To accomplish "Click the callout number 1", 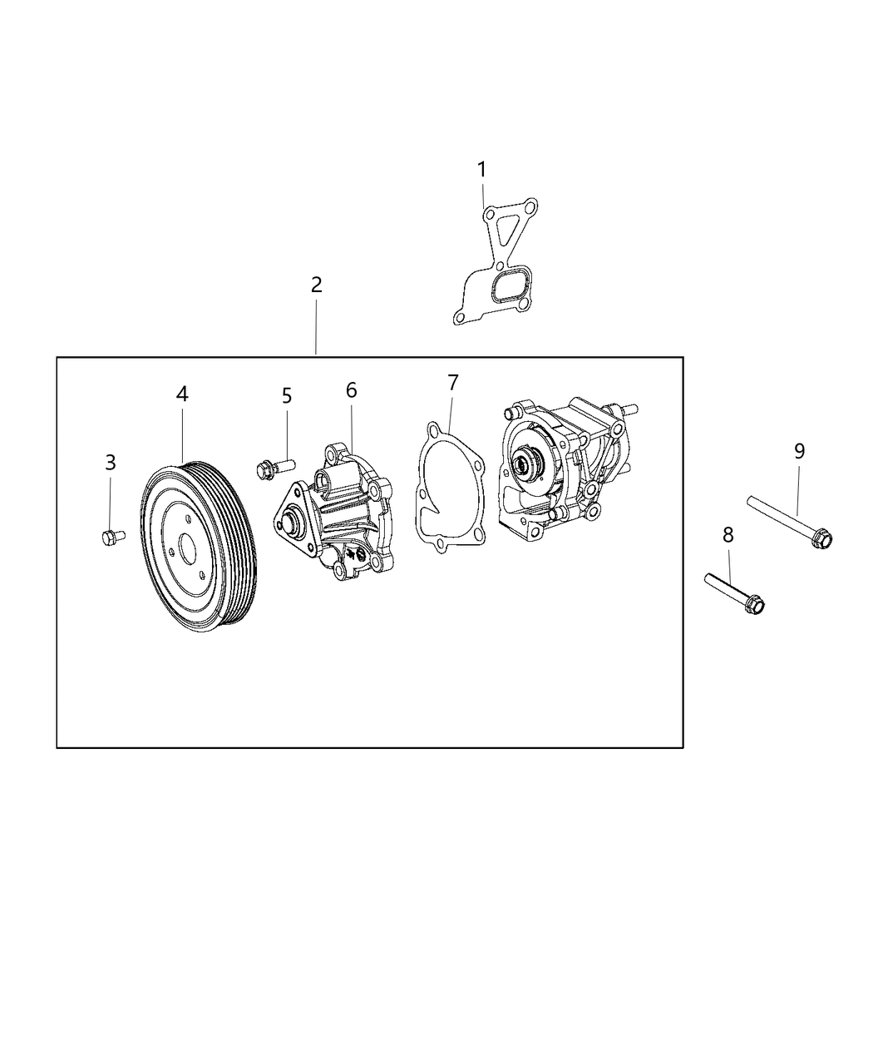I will point(481,170).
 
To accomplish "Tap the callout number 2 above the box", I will point(316,285).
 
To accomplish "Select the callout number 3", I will point(111,463).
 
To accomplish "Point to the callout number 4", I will point(182,394).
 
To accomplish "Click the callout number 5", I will point(287,396).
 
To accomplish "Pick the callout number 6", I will point(351,389).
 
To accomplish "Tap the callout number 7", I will point(452,383).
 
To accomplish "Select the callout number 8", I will point(728,534).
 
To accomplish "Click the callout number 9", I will point(799,451).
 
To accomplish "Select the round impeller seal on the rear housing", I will point(527,463).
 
